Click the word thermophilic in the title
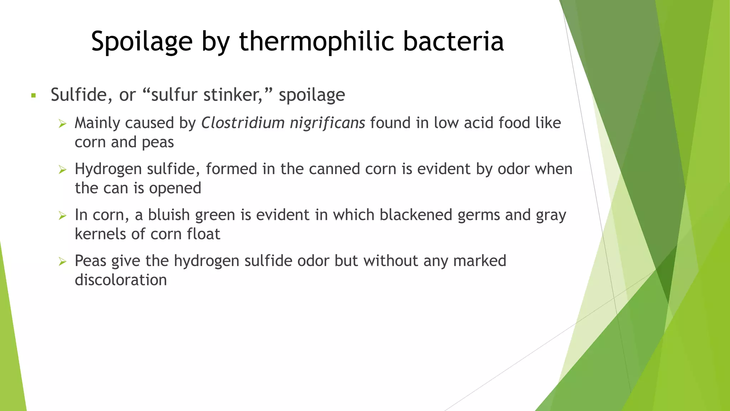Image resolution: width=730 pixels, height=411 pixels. tap(316, 41)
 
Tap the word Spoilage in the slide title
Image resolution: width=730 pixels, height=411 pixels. tap(142, 41)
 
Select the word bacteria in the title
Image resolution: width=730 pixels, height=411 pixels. tap(453, 41)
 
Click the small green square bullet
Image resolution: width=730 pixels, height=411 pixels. tap(34, 96)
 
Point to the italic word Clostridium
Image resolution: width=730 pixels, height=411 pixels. tap(242, 123)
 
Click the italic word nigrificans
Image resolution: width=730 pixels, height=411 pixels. tap(327, 123)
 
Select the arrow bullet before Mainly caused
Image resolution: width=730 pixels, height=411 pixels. tap(63, 124)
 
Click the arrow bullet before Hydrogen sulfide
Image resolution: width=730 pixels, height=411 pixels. tap(63, 170)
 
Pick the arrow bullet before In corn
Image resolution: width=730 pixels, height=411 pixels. tap(63, 216)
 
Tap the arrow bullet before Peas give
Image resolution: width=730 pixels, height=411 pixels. tap(63, 262)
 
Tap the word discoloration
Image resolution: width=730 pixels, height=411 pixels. tap(121, 280)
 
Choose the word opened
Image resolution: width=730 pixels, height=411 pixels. tap(175, 188)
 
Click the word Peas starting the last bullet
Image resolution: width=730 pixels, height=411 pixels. tap(91, 261)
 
